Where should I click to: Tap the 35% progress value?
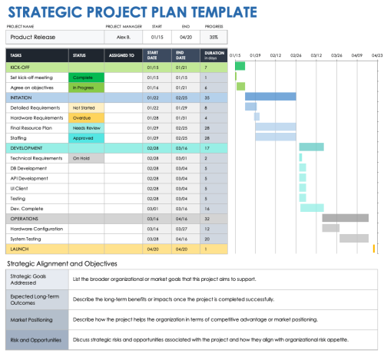point(213,37)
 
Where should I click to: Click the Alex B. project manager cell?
point(123,37)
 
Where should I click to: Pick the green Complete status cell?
point(85,78)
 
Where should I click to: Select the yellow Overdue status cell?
point(85,117)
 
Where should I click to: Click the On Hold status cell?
point(85,157)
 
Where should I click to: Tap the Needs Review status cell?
point(85,127)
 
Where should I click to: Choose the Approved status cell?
point(85,137)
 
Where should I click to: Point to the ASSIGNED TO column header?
point(122,55)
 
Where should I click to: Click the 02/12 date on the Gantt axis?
point(276,55)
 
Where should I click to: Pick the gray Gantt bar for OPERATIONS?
point(347,217)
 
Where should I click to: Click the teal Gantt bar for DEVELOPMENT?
point(310,147)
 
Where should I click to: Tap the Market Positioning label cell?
point(37,317)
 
